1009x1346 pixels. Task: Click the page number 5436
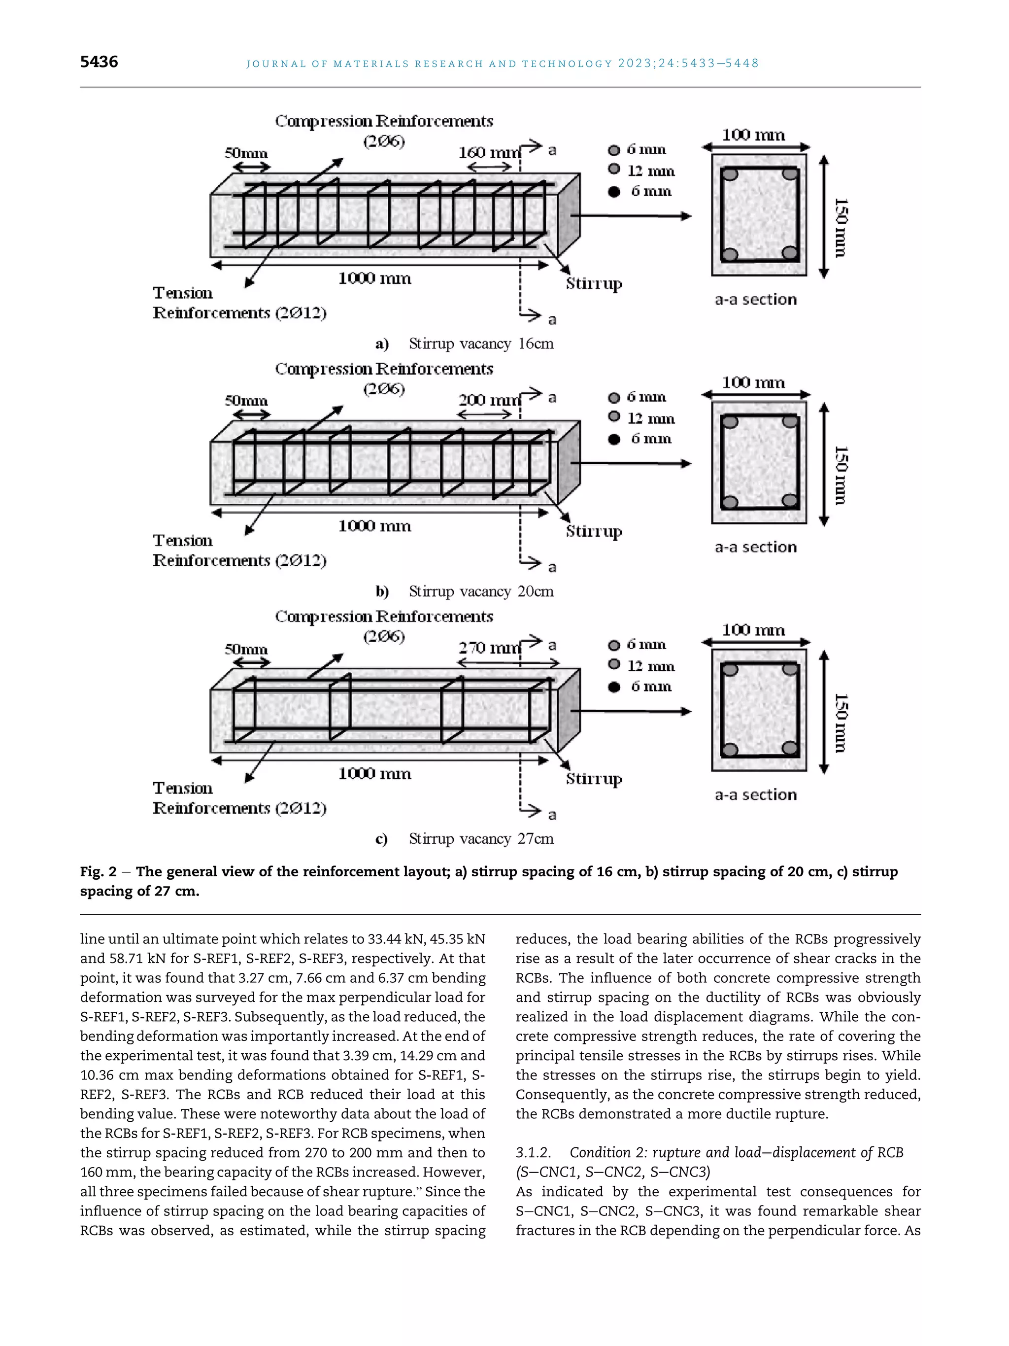pyautogui.click(x=99, y=62)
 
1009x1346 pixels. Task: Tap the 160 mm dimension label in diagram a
pyautogui.click(x=489, y=152)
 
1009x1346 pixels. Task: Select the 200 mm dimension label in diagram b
pyautogui.click(x=489, y=400)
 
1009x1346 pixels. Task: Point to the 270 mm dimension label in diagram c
pyautogui.click(x=489, y=648)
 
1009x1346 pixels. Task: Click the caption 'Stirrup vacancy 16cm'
pyautogui.click(x=480, y=344)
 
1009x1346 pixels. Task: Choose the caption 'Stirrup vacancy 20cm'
pyautogui.click(x=480, y=591)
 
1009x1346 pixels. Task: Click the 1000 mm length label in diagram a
pyautogui.click(x=374, y=278)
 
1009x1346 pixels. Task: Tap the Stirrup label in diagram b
pyautogui.click(x=594, y=531)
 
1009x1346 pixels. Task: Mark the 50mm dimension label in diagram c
pyautogui.click(x=246, y=649)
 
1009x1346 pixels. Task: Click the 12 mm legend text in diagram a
pyautogui.click(x=651, y=171)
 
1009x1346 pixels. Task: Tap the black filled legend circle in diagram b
pyautogui.click(x=614, y=439)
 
